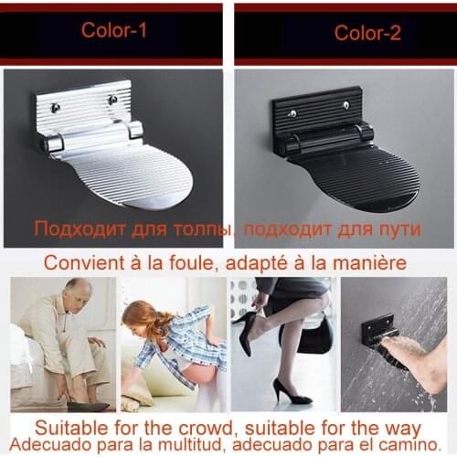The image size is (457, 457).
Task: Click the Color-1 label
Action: point(113,29)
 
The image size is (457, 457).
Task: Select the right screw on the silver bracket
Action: point(112,99)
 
